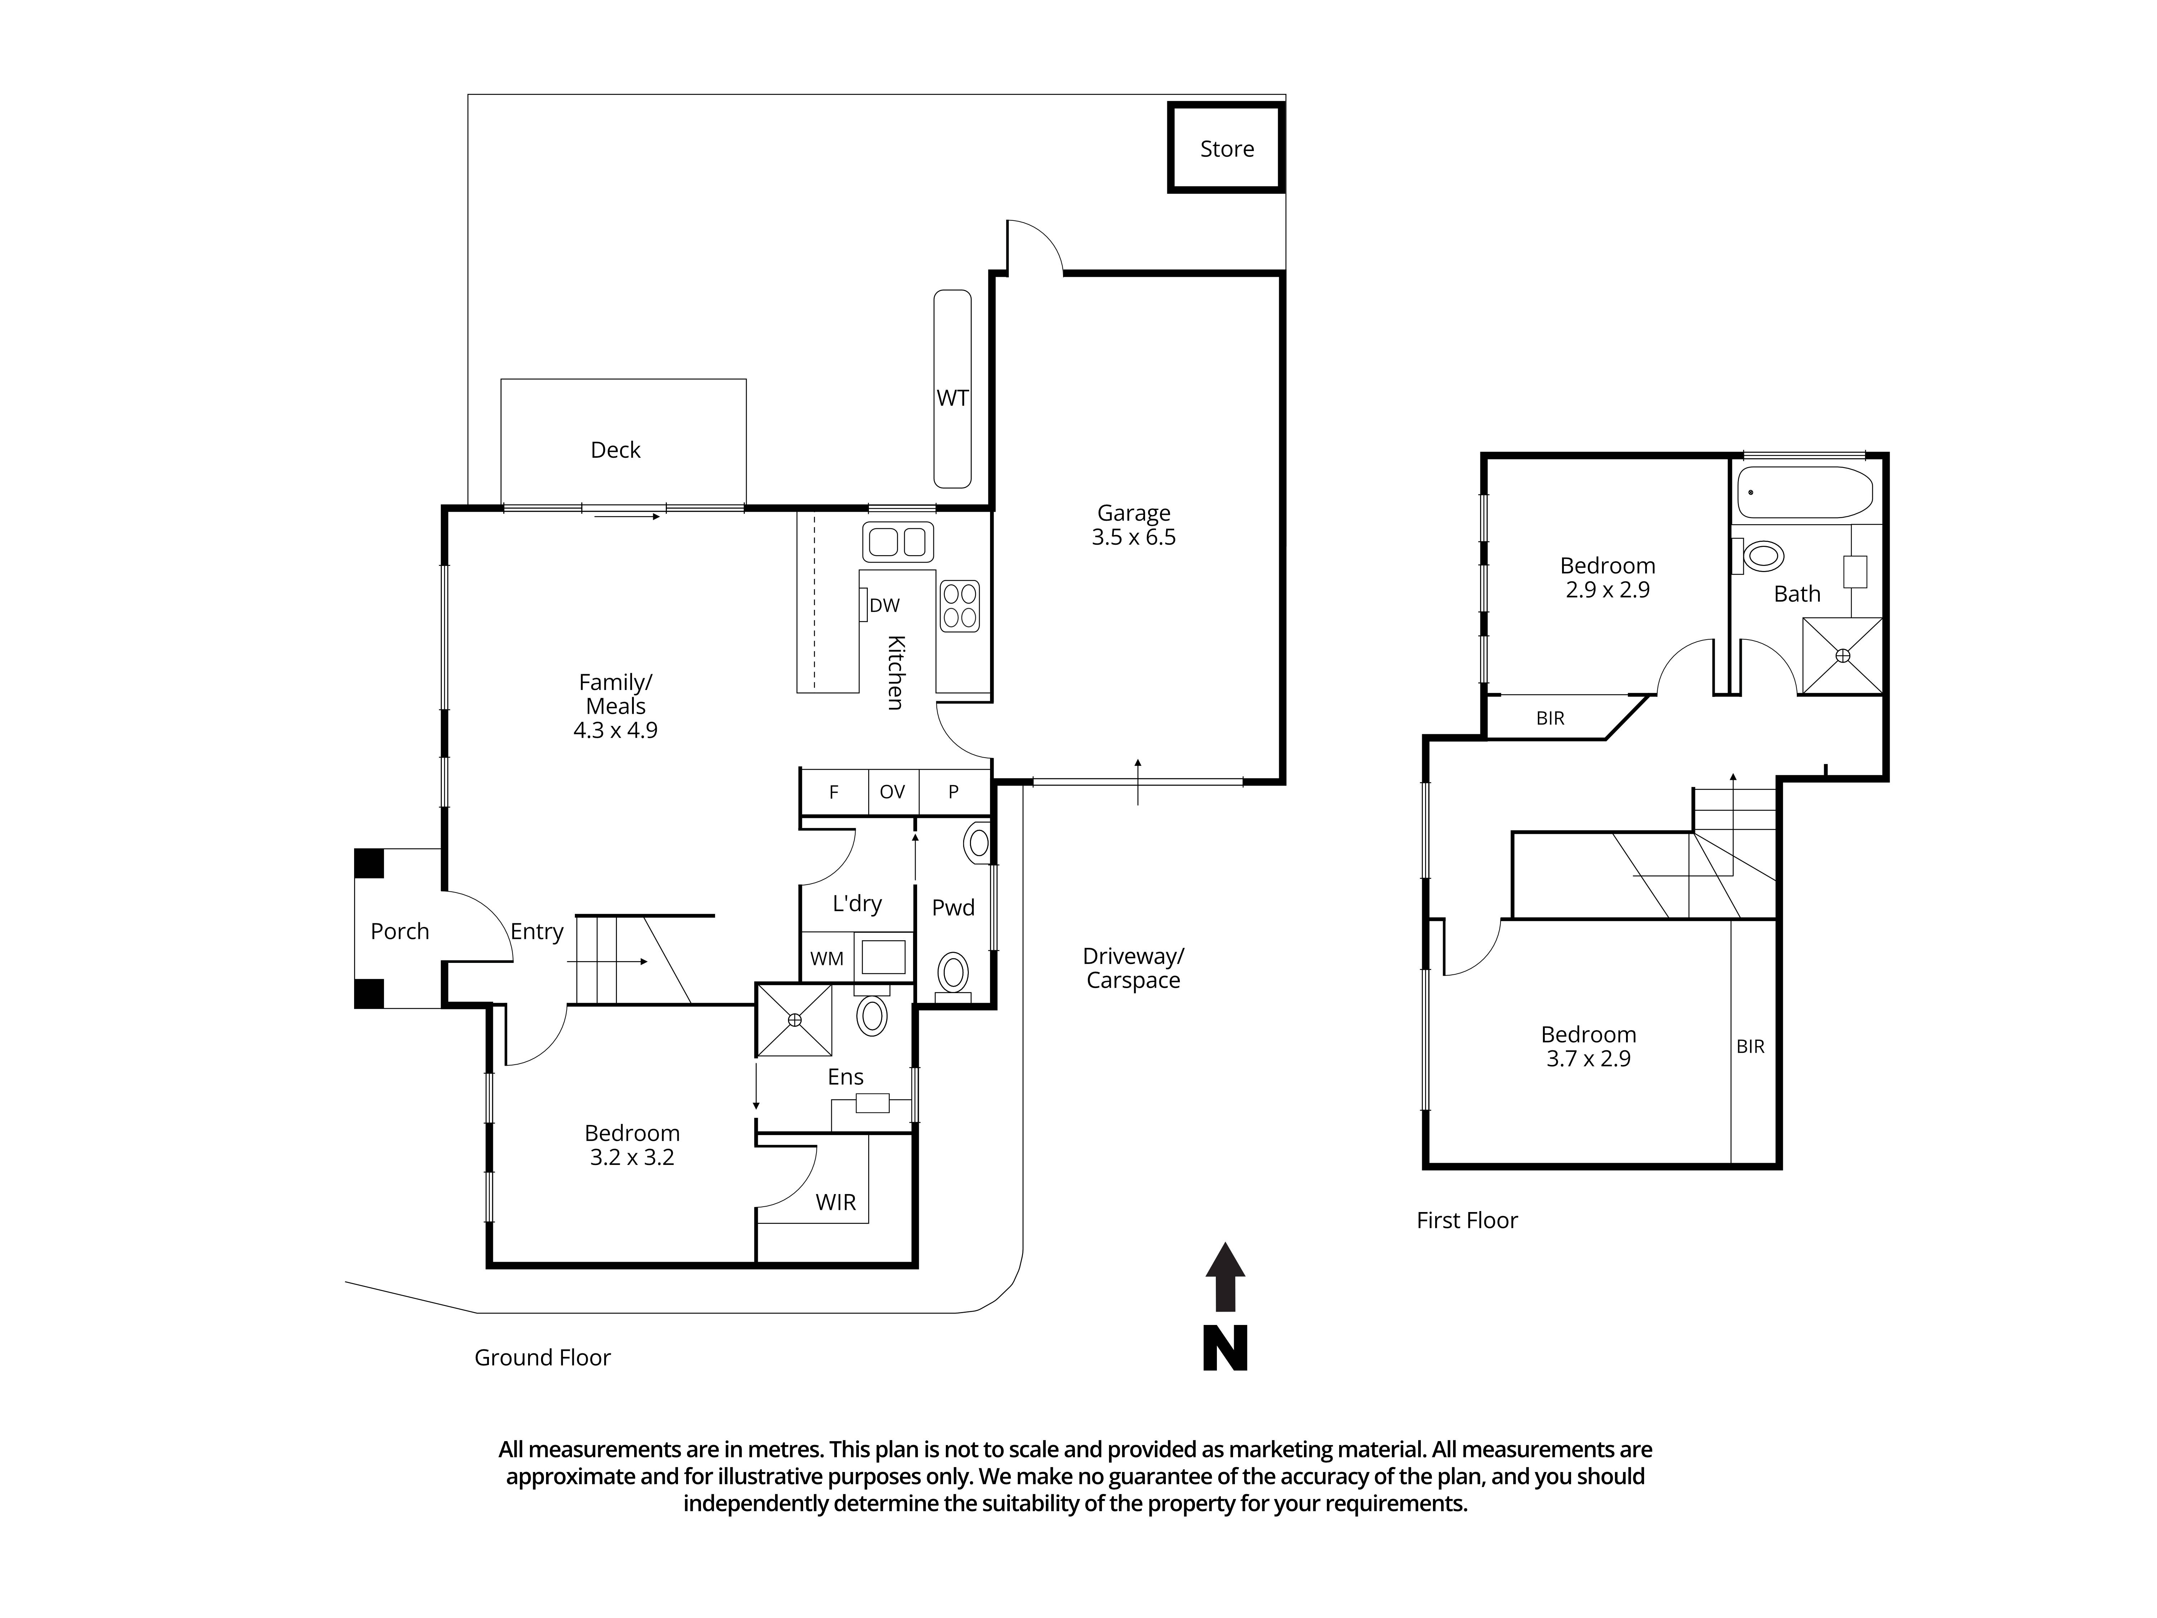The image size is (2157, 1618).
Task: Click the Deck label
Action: (x=615, y=449)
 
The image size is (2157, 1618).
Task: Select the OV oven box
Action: (x=892, y=792)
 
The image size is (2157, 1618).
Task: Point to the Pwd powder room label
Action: (x=953, y=908)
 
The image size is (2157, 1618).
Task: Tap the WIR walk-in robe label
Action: (x=836, y=1202)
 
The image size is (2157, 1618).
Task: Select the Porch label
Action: (x=400, y=931)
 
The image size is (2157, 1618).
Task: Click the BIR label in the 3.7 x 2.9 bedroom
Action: (x=1750, y=1046)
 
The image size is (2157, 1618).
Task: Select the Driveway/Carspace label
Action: (x=1133, y=968)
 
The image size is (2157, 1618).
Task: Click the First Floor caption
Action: (x=1467, y=1220)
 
